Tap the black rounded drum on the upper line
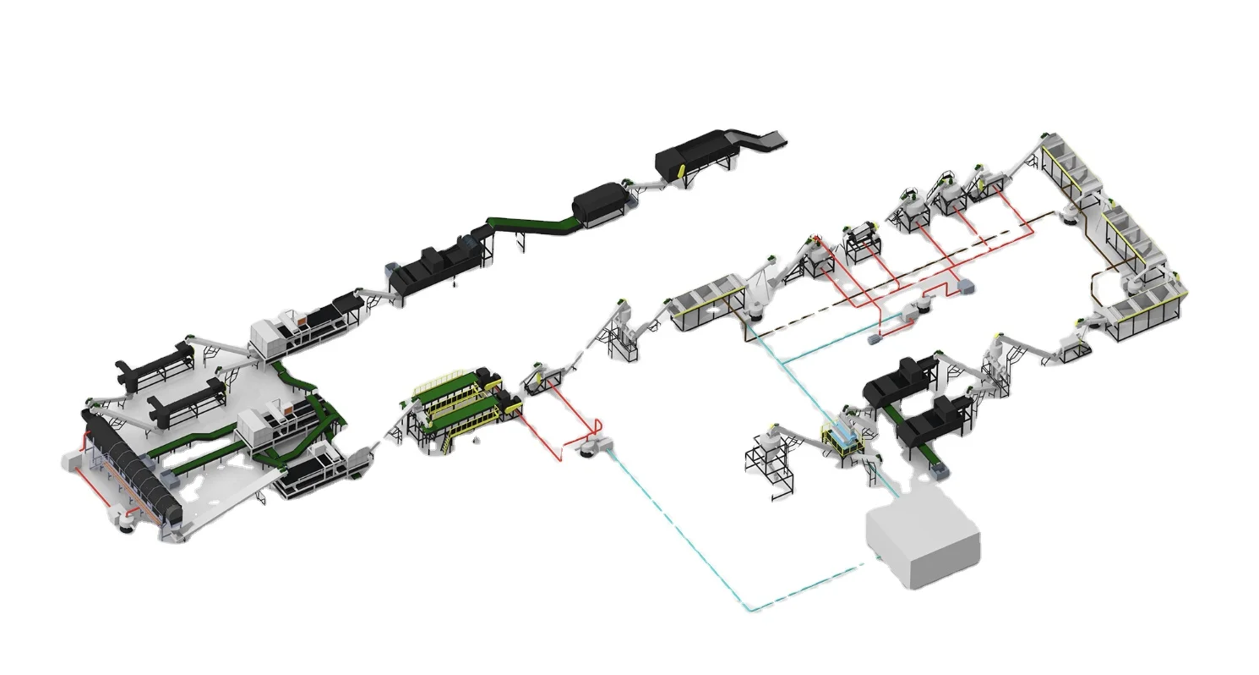[x=600, y=203]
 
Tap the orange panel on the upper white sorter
[x=297, y=320]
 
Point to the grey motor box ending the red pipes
[x=962, y=288]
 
